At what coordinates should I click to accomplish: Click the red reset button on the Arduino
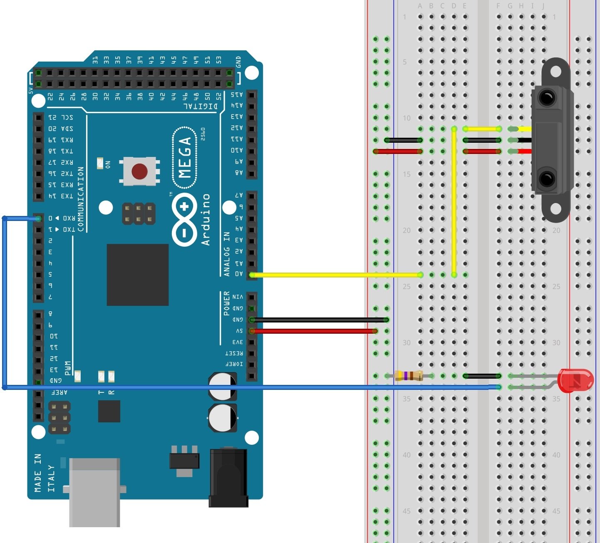pyautogui.click(x=139, y=171)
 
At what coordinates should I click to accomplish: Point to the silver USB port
pyautogui.click(x=95, y=491)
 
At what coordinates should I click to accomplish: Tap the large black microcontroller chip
pyautogui.click(x=138, y=275)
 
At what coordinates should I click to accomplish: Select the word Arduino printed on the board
pyautogui.click(x=206, y=219)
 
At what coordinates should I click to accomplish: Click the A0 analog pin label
pyautogui.click(x=238, y=274)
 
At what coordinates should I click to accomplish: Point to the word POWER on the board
pyautogui.click(x=226, y=303)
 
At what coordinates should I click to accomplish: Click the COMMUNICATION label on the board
pyautogui.click(x=80, y=199)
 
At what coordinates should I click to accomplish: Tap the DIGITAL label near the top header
pyautogui.click(x=201, y=107)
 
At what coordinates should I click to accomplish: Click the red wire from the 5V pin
pyautogui.click(x=314, y=331)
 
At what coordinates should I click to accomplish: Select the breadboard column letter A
pyautogui.click(x=420, y=6)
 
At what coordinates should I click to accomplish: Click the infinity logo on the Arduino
pyautogui.click(x=184, y=219)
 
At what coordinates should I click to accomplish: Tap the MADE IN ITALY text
pyautogui.click(x=45, y=473)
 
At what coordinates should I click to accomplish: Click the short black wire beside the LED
pyautogui.click(x=482, y=376)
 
